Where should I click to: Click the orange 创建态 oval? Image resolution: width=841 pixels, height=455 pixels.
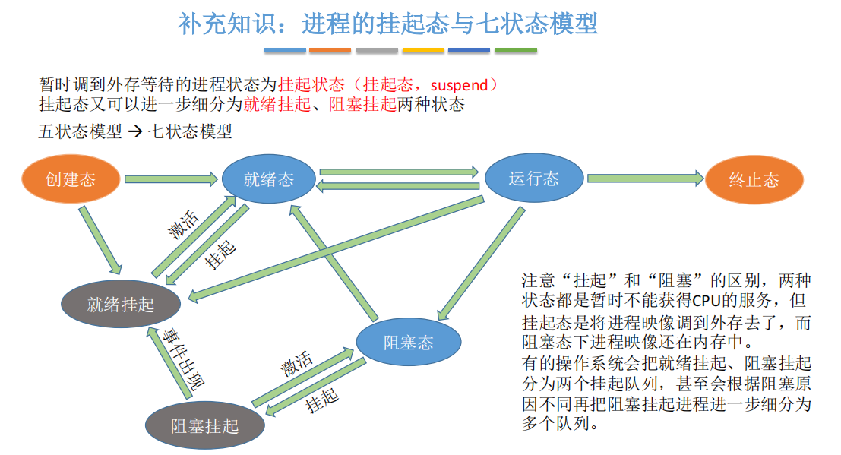(71, 180)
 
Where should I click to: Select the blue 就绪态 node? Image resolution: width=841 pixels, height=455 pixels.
(268, 179)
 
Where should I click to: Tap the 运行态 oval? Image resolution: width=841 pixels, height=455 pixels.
(534, 179)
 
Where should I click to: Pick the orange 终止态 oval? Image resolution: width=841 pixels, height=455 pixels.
(754, 180)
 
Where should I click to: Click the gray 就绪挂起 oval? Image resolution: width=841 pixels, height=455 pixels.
(121, 305)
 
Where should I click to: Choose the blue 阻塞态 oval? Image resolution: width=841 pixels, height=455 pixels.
(409, 343)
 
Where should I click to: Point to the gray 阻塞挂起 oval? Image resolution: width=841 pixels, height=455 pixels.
(204, 425)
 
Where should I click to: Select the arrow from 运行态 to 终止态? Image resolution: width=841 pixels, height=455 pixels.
(644, 179)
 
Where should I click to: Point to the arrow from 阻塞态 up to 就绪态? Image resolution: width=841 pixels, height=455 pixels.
(334, 262)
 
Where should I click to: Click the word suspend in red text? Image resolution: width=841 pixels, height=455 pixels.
(459, 84)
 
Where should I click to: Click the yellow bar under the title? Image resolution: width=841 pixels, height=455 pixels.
(423, 51)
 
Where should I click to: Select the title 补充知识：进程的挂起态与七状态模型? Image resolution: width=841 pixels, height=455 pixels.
(387, 24)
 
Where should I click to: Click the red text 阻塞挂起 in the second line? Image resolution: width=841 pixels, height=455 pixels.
(362, 105)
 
